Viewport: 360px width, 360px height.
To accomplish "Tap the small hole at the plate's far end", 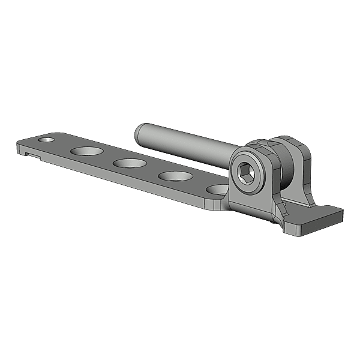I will [x=46, y=139].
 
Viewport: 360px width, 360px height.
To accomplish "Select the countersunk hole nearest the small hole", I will [x=86, y=151].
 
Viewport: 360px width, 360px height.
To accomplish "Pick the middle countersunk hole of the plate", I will [x=129, y=163].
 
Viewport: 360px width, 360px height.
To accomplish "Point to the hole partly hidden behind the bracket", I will [x=215, y=190].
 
